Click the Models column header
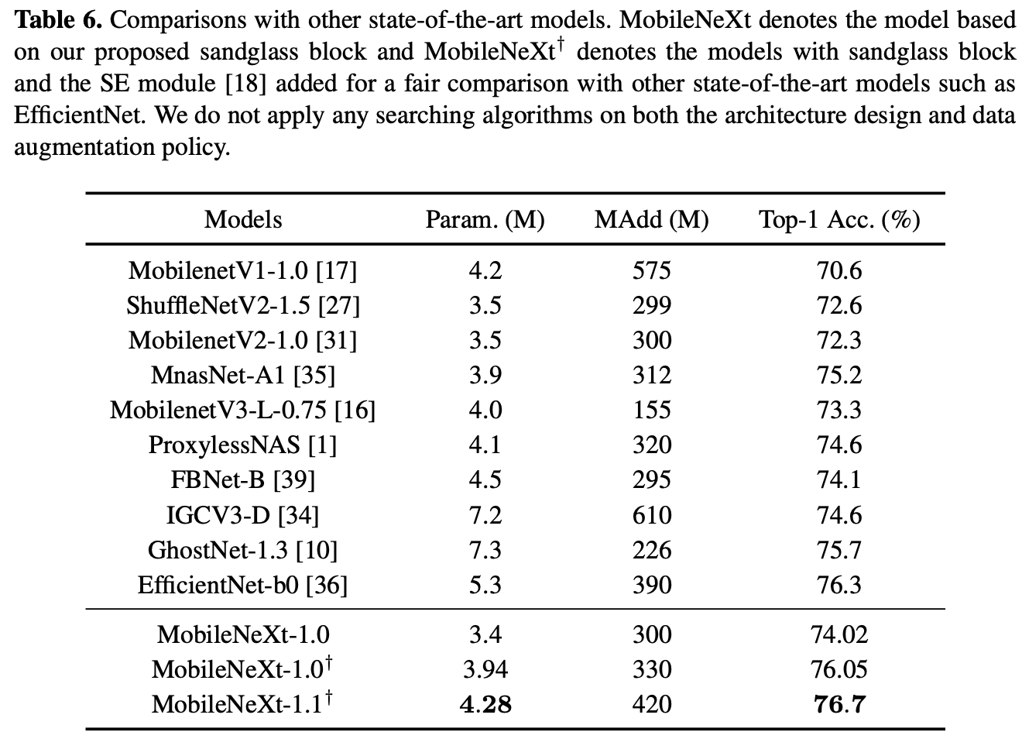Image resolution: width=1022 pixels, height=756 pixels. (243, 220)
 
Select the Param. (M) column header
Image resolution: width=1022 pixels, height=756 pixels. (485, 220)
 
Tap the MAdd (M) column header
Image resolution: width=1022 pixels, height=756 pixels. (651, 220)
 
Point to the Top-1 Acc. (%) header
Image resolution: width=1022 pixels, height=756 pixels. (839, 220)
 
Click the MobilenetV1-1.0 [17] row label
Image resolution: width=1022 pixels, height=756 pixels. (243, 270)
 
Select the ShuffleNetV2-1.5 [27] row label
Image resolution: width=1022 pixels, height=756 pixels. (243, 305)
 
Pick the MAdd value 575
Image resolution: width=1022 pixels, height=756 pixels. (651, 270)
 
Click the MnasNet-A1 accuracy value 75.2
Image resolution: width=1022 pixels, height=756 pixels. (839, 375)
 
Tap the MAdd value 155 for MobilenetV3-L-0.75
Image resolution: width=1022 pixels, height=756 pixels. (651, 410)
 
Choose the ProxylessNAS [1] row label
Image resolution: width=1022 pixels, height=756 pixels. (243, 445)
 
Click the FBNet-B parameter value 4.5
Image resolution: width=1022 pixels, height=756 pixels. (485, 479)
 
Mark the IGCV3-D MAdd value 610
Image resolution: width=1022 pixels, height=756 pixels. (651, 515)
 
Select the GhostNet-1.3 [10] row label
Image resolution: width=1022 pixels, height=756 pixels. (243, 550)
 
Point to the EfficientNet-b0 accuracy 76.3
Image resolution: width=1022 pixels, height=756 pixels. (839, 585)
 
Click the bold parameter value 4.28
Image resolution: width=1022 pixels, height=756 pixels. (485, 704)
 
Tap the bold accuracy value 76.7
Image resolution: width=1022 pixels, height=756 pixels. (839, 704)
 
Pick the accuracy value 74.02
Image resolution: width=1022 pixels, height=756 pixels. (839, 634)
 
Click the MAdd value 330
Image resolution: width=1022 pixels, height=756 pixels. (651, 669)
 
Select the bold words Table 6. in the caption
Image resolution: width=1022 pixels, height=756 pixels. (58, 19)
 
